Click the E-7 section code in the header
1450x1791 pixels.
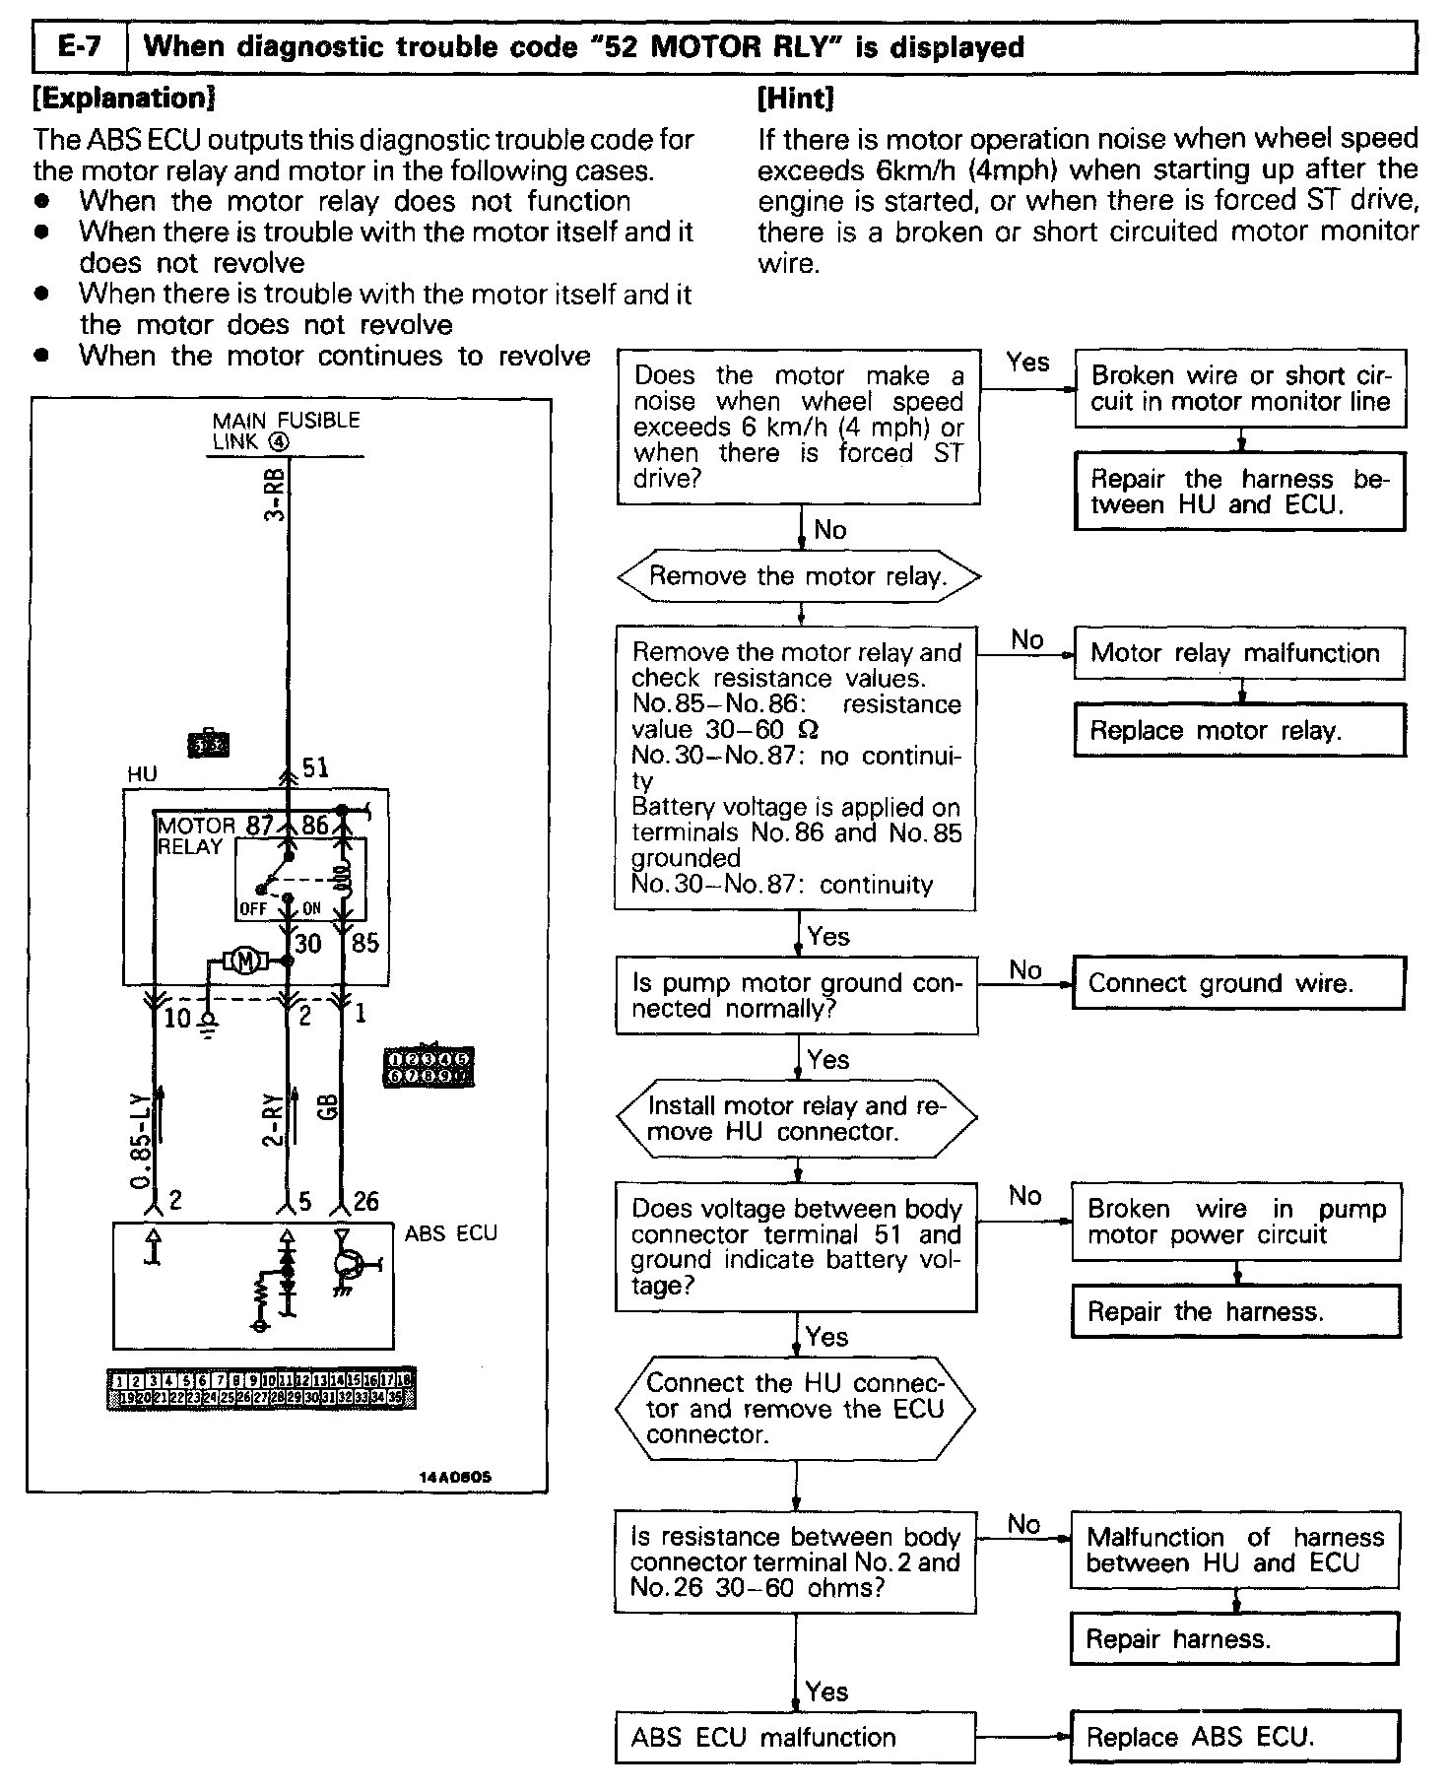80,47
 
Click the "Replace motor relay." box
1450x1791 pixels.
1238,731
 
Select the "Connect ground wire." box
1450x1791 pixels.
1237,983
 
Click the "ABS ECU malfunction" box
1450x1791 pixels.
795,1737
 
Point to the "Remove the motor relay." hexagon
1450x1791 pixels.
799,576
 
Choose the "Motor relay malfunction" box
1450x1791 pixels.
1238,653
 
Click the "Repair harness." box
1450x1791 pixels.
1233,1638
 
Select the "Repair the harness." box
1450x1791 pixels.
1235,1311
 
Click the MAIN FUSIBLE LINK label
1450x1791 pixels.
286,431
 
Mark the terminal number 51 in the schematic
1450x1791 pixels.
315,768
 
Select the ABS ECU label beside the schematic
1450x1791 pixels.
450,1233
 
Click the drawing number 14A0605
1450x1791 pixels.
454,1479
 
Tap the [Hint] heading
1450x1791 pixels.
796,99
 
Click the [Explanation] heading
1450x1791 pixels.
124,99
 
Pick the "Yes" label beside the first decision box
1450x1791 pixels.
1027,363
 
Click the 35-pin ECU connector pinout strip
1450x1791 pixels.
260,1388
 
